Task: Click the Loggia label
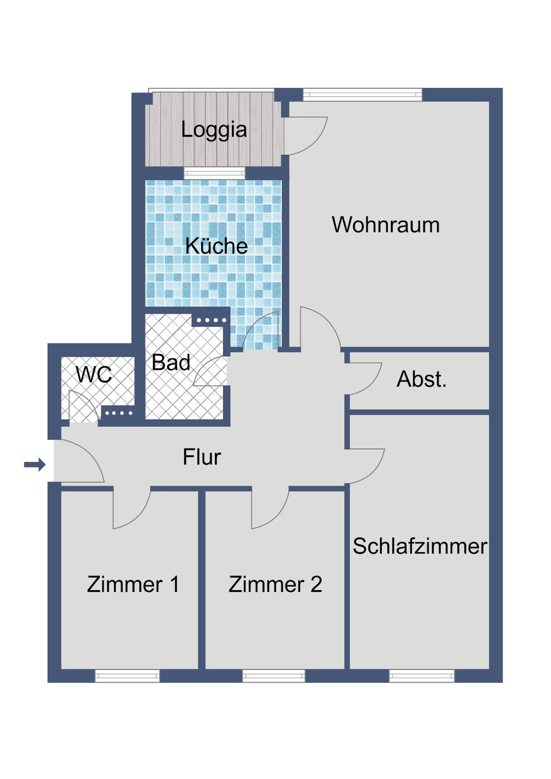click(x=214, y=130)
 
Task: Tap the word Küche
click(x=216, y=246)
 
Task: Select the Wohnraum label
click(x=386, y=225)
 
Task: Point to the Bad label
click(x=171, y=362)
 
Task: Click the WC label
click(x=94, y=374)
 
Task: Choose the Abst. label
click(x=422, y=379)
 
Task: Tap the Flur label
click(x=202, y=457)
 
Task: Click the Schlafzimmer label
click(x=420, y=546)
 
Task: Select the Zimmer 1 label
click(x=133, y=584)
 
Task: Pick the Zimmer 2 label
click(x=275, y=584)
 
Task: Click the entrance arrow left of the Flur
click(x=35, y=465)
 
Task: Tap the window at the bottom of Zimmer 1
click(x=127, y=676)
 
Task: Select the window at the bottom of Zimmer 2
click(x=274, y=676)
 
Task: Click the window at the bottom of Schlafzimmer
click(x=422, y=676)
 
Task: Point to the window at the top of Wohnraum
click(x=363, y=95)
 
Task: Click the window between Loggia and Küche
click(x=214, y=173)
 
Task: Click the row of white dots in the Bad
click(x=212, y=320)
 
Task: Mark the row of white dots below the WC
click(x=118, y=413)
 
